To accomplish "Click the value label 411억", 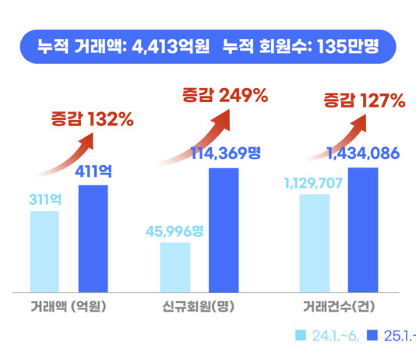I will click(93, 171).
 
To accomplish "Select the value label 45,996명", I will click(175, 231).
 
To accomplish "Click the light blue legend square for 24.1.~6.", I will click(301, 335).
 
